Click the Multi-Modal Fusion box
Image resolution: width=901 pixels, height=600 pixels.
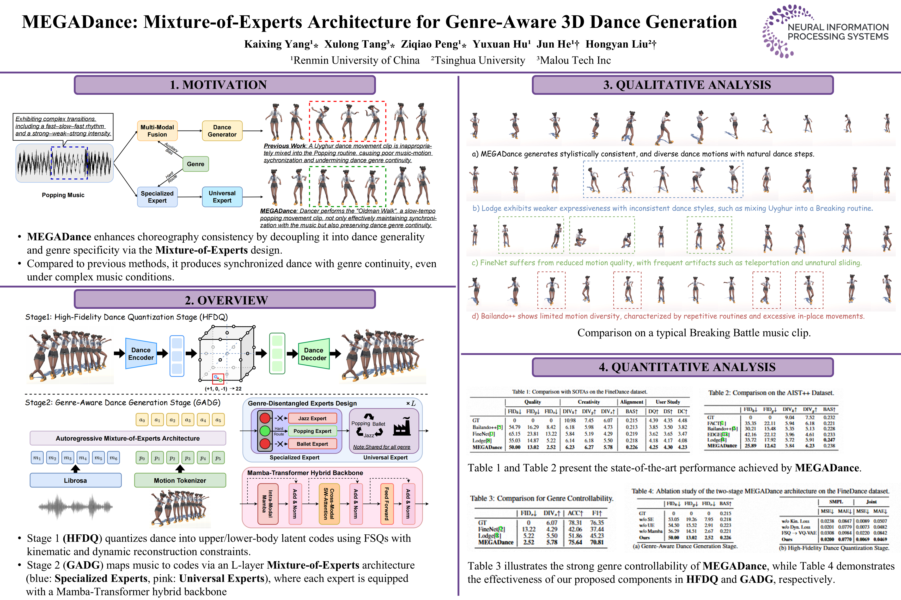(157, 131)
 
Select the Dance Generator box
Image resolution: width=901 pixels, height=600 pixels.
(222, 131)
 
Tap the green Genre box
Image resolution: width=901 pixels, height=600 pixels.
(195, 164)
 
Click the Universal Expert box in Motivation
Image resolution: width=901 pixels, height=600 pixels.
(222, 197)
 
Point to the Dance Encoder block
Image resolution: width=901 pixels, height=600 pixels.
(141, 354)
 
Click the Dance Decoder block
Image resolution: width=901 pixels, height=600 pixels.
(313, 354)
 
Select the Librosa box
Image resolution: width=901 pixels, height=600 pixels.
(75, 480)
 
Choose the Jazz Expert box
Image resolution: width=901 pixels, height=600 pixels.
(312, 418)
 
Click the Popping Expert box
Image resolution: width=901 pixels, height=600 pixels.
(312, 431)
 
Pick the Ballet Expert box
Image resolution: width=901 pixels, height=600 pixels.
(312, 444)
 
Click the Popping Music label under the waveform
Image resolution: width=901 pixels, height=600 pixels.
(63, 195)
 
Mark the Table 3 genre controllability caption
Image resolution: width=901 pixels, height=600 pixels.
(541, 498)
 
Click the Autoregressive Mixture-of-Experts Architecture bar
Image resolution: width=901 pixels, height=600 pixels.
(127, 438)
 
